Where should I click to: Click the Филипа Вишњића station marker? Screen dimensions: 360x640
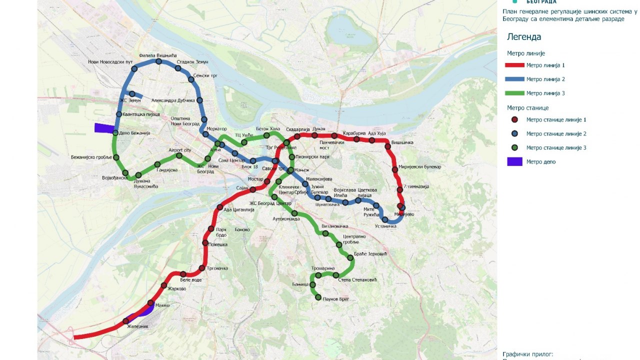pyautogui.click(x=158, y=61)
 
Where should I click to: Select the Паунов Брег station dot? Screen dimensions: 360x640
pyautogui.click(x=318, y=298)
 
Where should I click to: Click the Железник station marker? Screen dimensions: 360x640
pyautogui.click(x=125, y=321)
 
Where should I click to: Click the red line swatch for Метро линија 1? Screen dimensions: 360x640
pyautogui.click(x=514, y=65)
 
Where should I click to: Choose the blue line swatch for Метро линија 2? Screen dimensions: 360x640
pyautogui.click(x=514, y=79)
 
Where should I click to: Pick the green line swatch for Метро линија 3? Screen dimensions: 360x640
pyautogui.click(x=514, y=93)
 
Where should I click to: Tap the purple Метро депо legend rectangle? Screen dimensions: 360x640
pyautogui.click(x=514, y=161)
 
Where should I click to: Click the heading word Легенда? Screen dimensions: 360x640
pyautogui.click(x=524, y=37)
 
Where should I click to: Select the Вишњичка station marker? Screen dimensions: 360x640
pyautogui.click(x=387, y=146)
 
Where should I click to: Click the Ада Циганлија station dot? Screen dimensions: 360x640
pyautogui.click(x=219, y=207)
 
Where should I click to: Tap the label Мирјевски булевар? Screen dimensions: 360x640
pyautogui.click(x=419, y=166)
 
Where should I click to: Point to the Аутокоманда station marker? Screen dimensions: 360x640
pyautogui.click(x=294, y=213)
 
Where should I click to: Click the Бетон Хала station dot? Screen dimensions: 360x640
pyautogui.click(x=266, y=135)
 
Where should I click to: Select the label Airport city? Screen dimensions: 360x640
pyautogui.click(x=180, y=150)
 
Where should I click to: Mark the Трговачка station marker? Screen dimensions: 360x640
pyautogui.click(x=202, y=268)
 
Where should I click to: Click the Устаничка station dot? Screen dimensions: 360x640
pyautogui.click(x=385, y=219)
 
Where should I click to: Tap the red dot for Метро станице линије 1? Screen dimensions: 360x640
pyautogui.click(x=514, y=119)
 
